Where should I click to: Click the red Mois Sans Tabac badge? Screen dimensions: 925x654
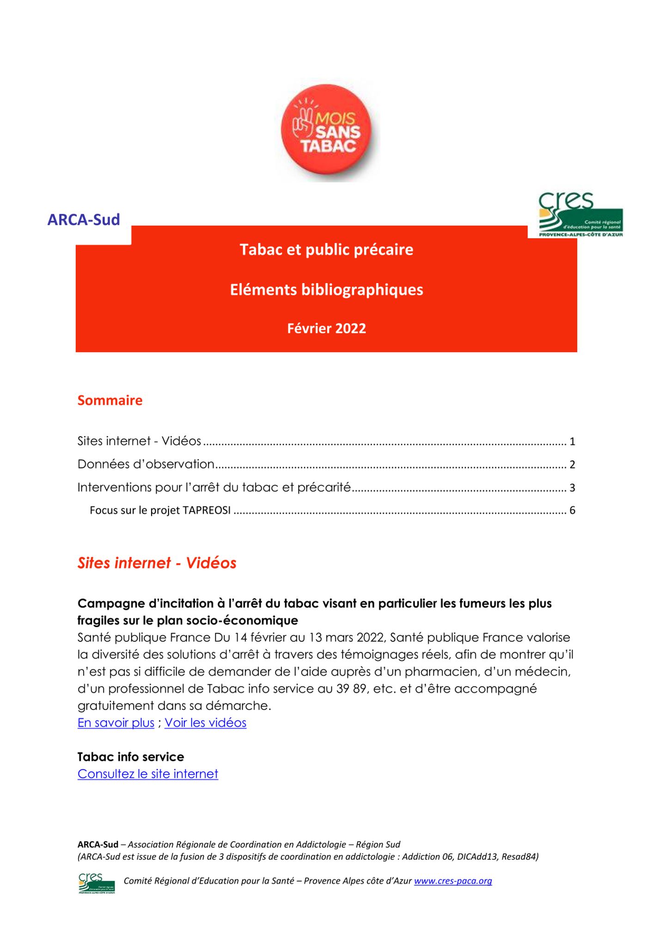[327, 130]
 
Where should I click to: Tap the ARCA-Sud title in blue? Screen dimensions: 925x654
[84, 219]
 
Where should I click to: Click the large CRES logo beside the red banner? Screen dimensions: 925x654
[581, 215]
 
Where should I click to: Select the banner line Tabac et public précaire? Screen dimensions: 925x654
[326, 250]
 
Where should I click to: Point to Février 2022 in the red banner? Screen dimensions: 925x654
[326, 328]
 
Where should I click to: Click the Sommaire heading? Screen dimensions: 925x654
[110, 400]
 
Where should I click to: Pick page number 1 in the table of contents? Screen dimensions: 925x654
[572, 442]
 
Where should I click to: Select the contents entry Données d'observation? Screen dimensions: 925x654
[146, 464]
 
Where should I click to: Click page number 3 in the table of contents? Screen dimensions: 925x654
[572, 487]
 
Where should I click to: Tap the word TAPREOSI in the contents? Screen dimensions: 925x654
[207, 510]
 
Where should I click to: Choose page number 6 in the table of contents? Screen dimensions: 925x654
[572, 510]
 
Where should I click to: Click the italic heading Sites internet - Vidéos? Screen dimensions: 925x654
[157, 563]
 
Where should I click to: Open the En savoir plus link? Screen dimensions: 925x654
[116, 723]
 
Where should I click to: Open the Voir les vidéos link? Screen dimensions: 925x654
[205, 723]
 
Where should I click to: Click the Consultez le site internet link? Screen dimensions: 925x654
[148, 774]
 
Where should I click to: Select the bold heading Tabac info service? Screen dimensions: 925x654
[131, 757]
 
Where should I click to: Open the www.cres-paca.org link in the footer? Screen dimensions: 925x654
[453, 881]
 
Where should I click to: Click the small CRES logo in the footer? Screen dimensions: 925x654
[96, 883]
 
